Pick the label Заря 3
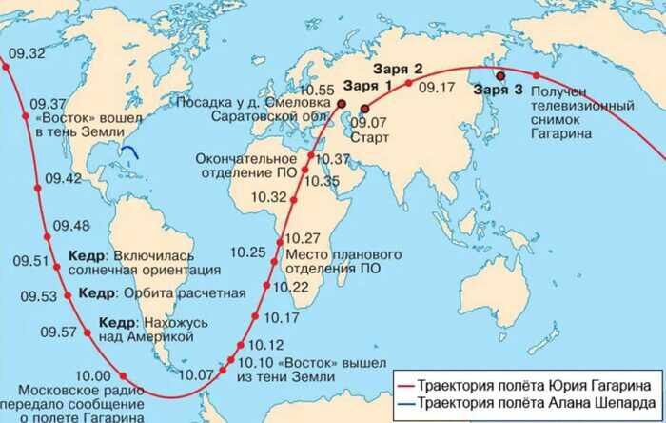tap(498, 90)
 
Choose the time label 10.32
tap(268, 197)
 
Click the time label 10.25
tap(248, 252)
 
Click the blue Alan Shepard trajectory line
tap(133, 150)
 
